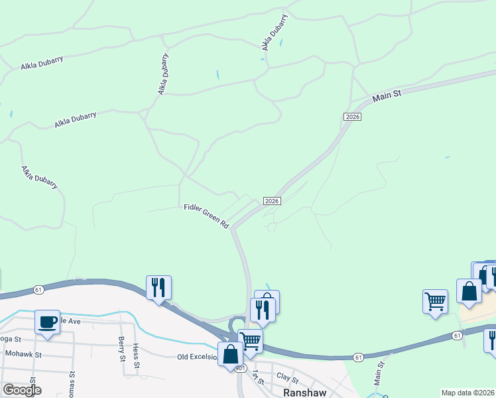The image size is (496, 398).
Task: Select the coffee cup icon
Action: (x=47, y=322)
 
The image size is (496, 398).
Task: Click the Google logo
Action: (x=21, y=390)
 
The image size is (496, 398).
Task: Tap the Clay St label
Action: (x=288, y=377)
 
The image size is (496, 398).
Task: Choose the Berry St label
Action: (x=122, y=349)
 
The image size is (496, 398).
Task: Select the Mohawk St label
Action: (x=23, y=354)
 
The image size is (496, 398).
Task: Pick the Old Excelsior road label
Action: (x=197, y=357)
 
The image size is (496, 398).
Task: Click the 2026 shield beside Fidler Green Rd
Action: (x=272, y=201)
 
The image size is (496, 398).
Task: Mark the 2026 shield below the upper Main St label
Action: (x=352, y=117)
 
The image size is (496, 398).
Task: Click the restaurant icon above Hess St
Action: (x=158, y=288)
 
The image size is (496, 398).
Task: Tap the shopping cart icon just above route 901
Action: (x=250, y=341)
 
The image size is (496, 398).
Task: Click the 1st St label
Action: (x=256, y=378)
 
